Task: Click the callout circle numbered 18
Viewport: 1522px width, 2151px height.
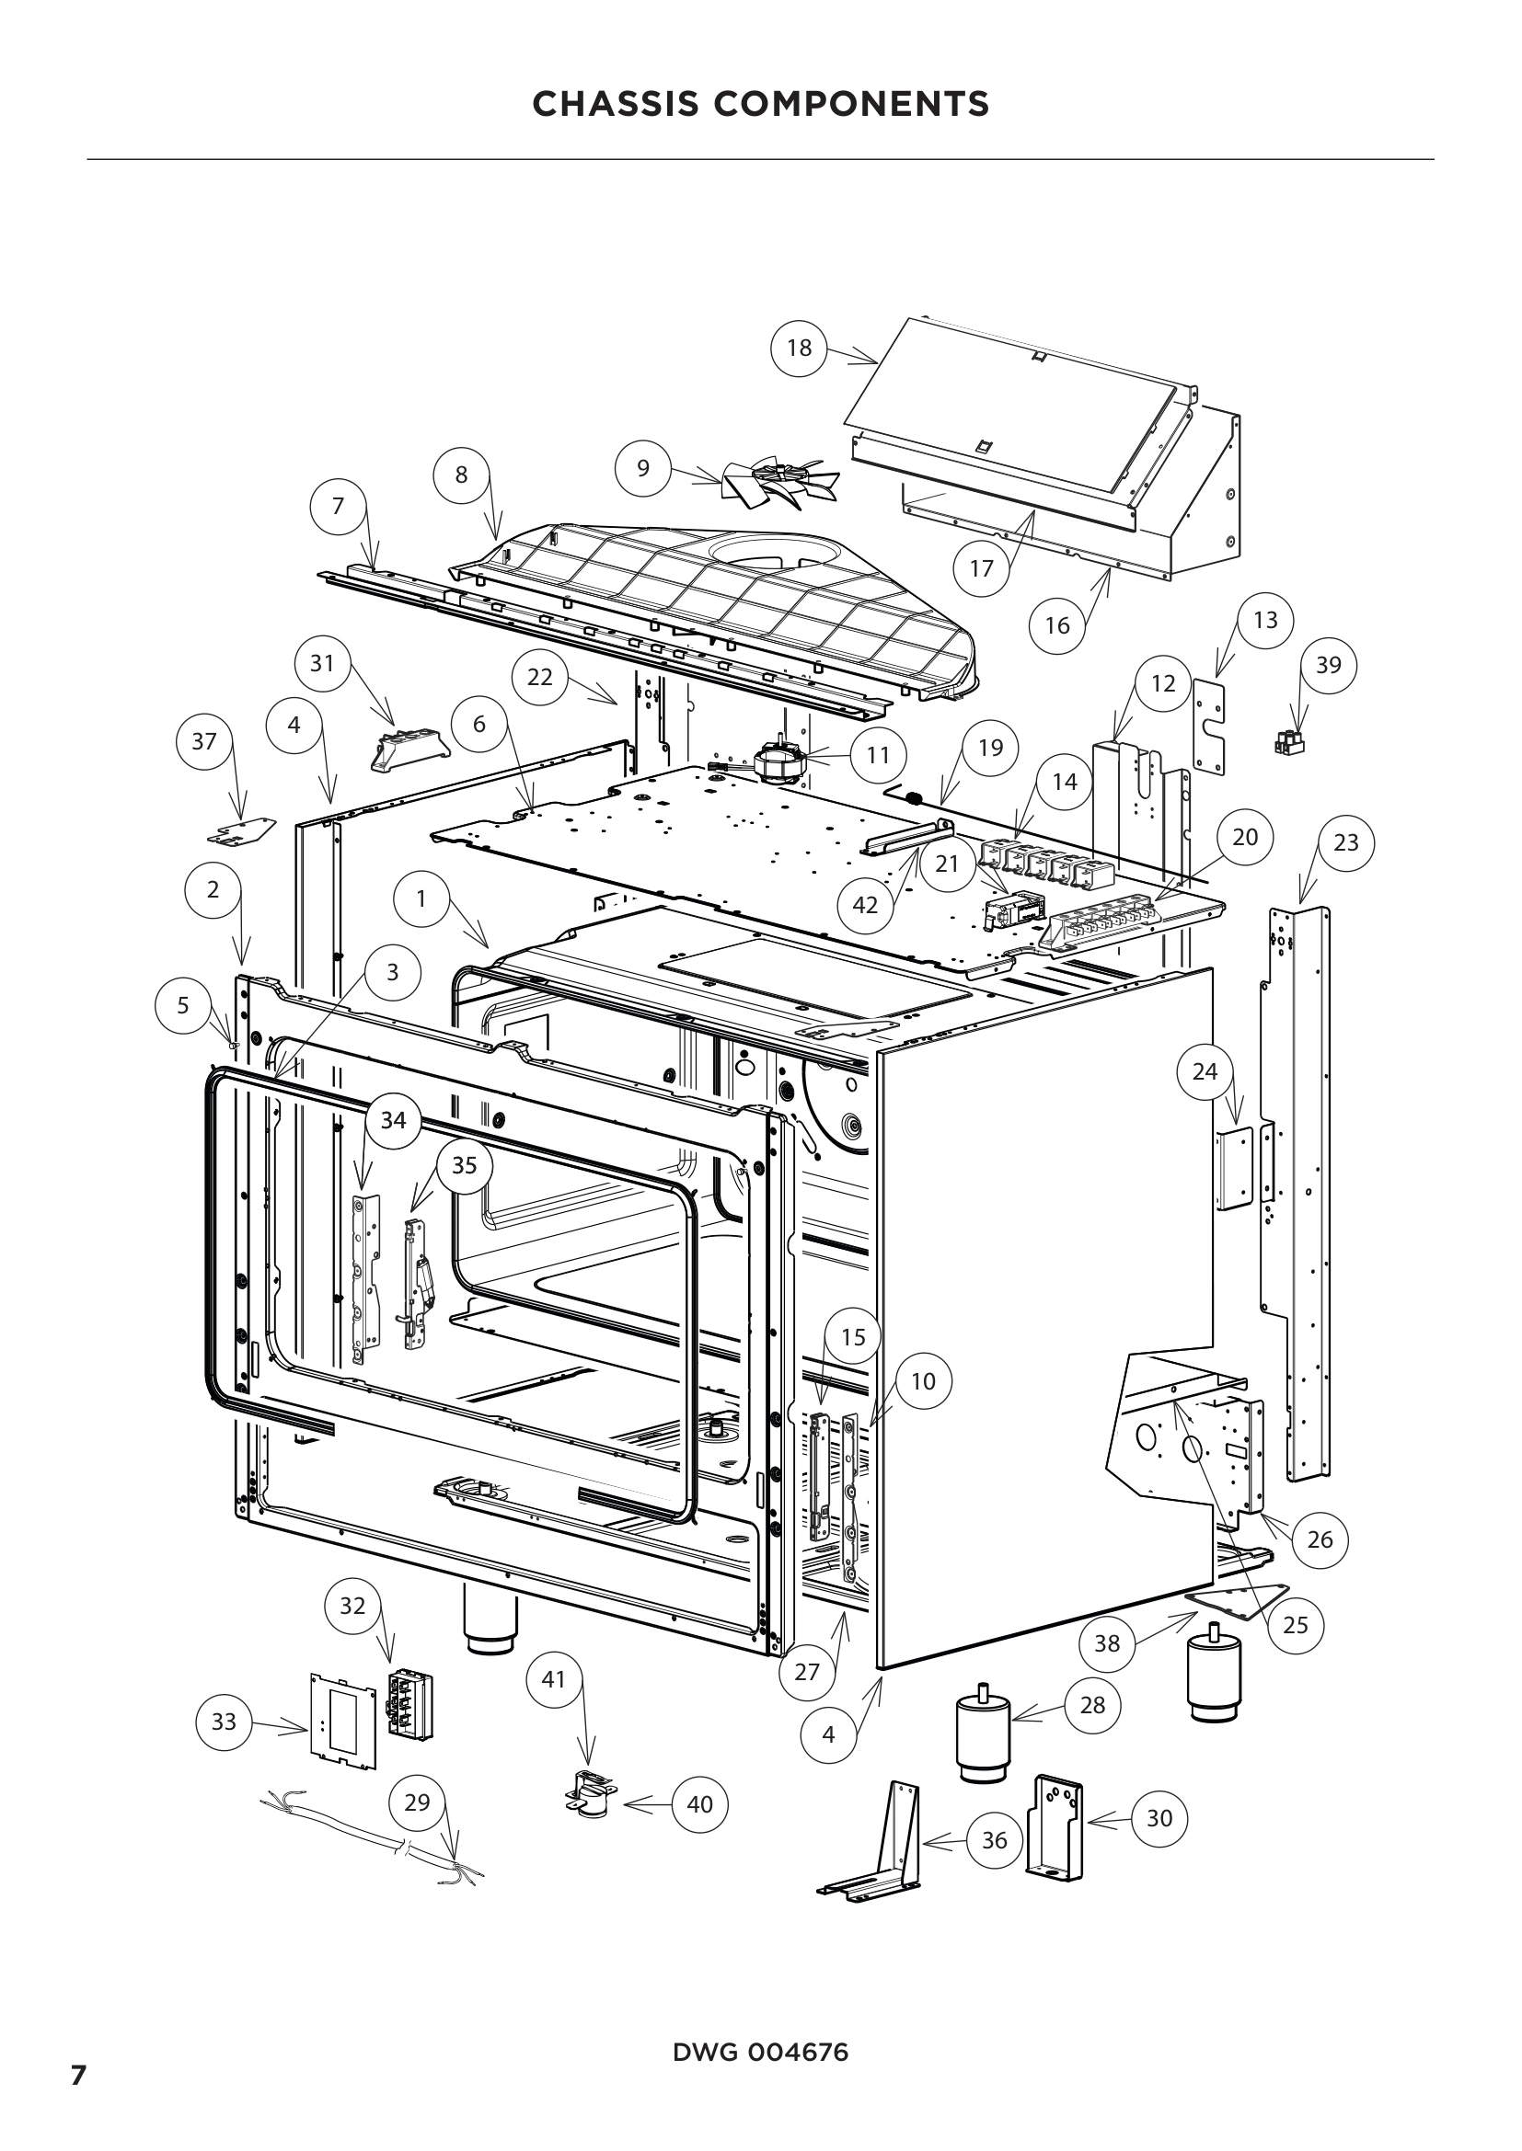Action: (799, 348)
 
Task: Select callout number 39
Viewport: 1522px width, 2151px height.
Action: (1328, 665)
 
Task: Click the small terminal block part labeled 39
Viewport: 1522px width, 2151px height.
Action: (1289, 745)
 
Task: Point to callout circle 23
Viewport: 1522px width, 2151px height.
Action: (1346, 842)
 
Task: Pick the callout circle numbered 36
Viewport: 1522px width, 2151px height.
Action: (994, 1840)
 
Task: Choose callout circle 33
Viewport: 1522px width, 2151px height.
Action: (224, 1721)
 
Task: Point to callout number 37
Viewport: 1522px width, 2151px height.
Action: (203, 741)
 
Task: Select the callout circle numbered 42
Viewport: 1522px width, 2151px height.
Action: (864, 904)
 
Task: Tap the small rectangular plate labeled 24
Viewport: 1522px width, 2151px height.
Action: (1234, 1166)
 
